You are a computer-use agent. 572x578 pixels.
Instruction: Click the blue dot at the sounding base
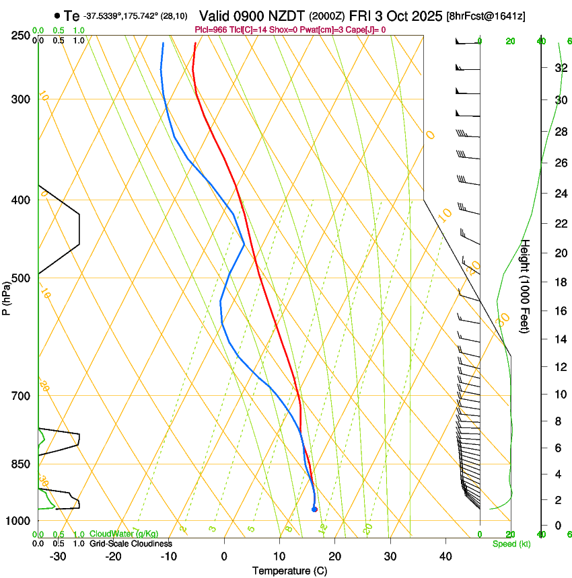coord(314,509)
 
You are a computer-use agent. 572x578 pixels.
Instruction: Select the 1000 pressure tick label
coord(17,521)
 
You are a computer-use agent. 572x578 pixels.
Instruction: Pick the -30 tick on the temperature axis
coord(58,556)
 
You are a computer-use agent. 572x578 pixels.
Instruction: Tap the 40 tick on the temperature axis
coord(445,556)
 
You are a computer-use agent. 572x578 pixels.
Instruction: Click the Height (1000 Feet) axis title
coord(526,286)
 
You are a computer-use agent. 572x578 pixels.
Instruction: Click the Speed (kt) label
coord(511,544)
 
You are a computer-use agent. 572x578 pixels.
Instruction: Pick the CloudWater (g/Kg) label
coord(124,534)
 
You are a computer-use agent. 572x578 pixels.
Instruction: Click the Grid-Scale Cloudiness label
coord(131,544)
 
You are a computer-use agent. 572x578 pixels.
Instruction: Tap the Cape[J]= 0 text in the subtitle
coord(365,30)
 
